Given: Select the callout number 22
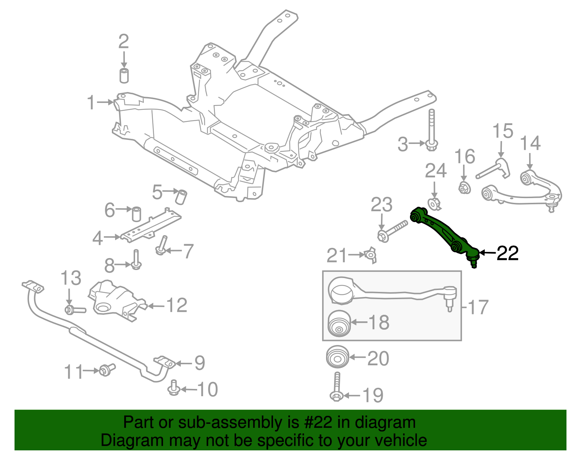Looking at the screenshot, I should pyautogui.click(x=507, y=253).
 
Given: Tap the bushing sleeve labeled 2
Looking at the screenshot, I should pyautogui.click(x=124, y=75).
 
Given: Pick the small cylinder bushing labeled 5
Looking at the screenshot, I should pyautogui.click(x=181, y=196).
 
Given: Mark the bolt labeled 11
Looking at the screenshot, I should pyautogui.click(x=106, y=370).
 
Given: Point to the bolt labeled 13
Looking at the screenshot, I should pyautogui.click(x=74, y=310).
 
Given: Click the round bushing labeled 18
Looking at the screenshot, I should pyautogui.click(x=339, y=323).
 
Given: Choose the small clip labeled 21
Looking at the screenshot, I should pyautogui.click(x=371, y=256).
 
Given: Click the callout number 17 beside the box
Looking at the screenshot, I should pyautogui.click(x=478, y=307).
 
